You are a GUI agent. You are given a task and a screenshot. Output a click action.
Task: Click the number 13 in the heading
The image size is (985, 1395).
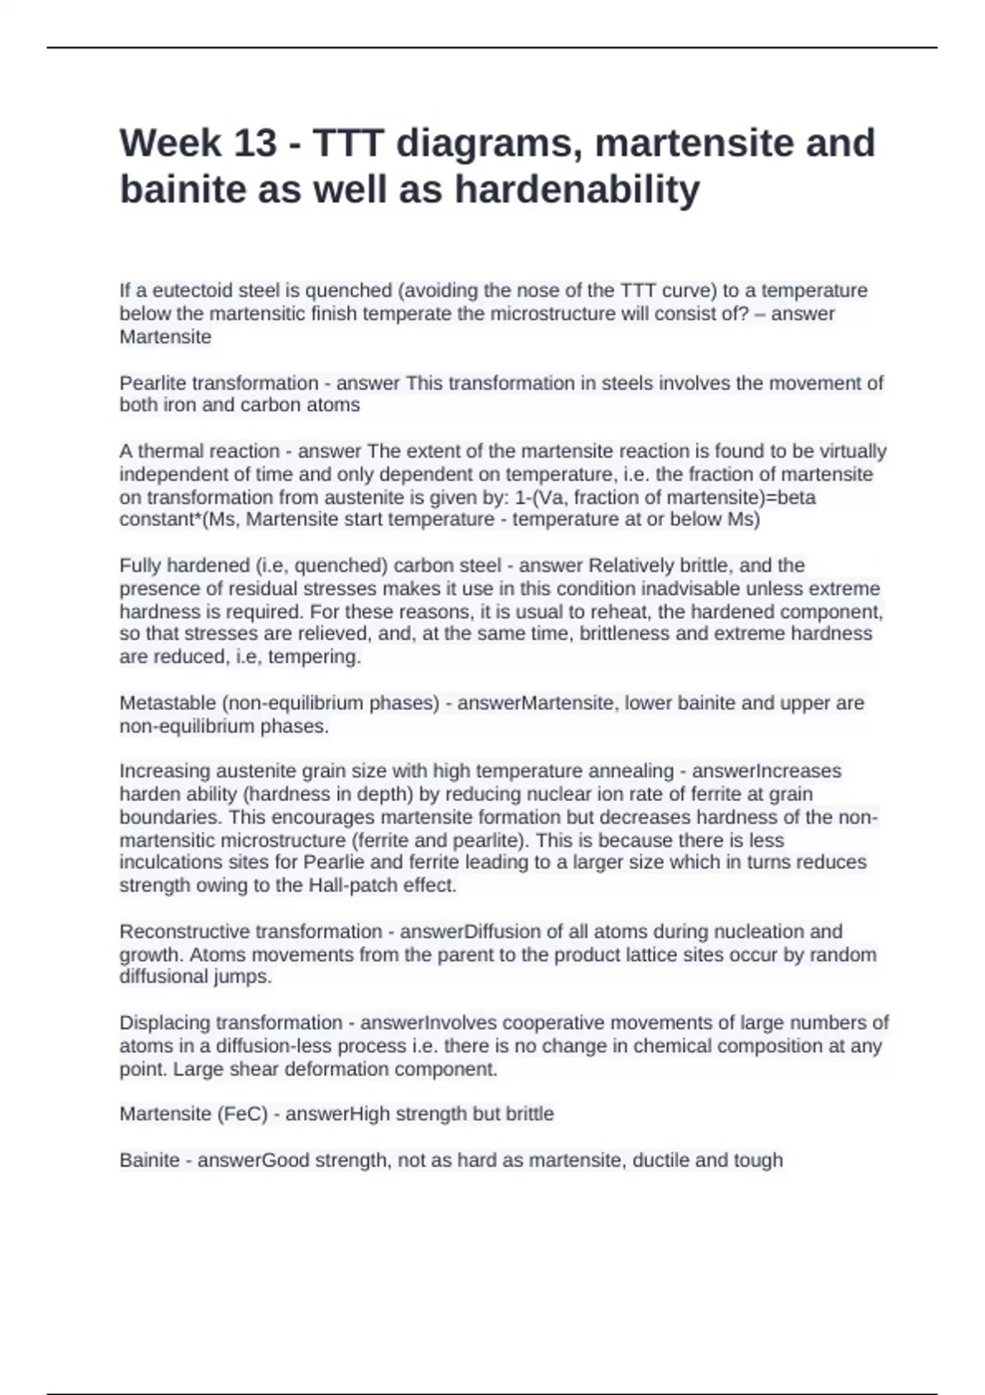255,143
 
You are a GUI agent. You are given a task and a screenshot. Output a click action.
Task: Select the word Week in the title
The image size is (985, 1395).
171,143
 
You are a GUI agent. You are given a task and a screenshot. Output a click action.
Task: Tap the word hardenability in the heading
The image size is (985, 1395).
577,190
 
